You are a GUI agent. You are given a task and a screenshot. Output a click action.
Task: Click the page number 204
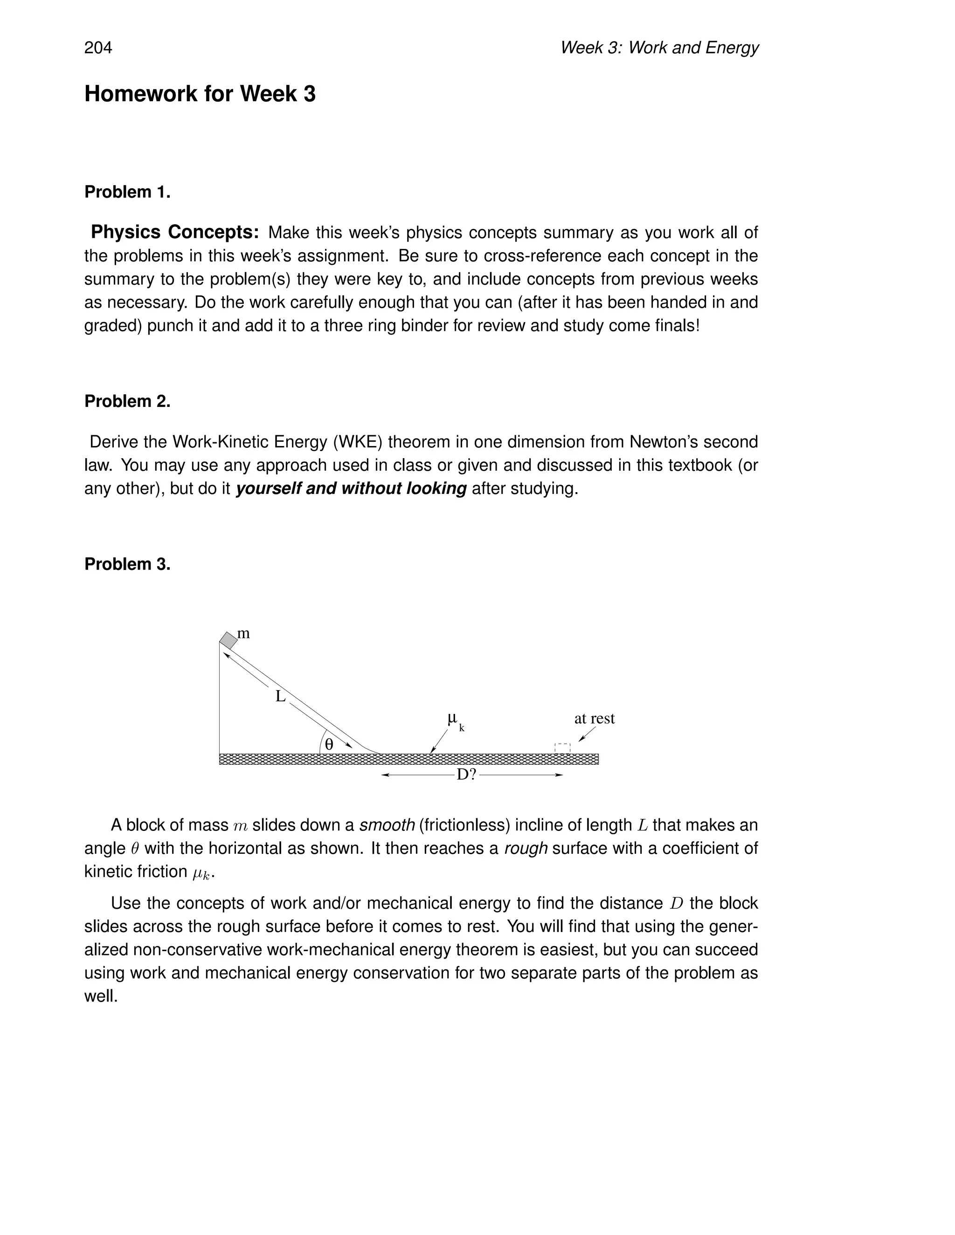(98, 48)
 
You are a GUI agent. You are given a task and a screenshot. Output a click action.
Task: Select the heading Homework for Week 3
(200, 94)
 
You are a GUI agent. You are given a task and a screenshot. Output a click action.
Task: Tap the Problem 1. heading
(127, 192)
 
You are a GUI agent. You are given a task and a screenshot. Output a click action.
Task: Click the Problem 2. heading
(127, 401)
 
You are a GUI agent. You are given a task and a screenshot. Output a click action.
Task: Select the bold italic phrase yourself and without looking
(351, 488)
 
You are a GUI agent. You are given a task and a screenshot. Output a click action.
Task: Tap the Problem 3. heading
(127, 564)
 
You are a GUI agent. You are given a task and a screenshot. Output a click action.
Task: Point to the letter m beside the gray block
(243, 633)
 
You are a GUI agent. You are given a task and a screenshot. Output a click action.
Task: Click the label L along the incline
(280, 697)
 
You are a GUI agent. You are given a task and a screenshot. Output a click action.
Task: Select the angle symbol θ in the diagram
(329, 745)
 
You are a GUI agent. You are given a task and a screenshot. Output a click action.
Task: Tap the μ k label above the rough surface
(455, 720)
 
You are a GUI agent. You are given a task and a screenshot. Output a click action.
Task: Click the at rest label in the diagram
(594, 719)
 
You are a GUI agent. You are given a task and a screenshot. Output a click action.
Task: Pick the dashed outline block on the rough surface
(562, 748)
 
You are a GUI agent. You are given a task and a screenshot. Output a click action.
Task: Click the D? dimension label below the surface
(467, 775)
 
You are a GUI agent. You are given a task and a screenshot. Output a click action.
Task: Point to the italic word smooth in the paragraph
(387, 826)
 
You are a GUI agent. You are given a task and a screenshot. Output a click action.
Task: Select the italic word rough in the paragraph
(526, 849)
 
